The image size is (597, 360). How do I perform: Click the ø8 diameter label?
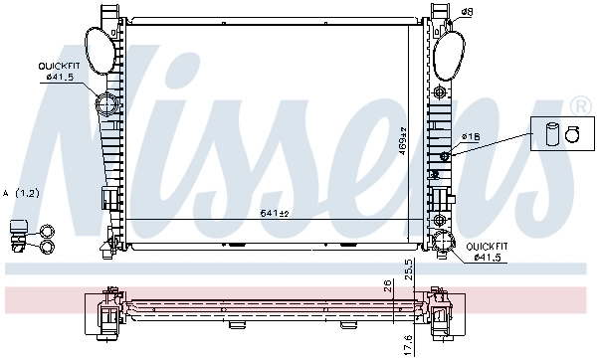467,12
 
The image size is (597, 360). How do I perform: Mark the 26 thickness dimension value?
388,287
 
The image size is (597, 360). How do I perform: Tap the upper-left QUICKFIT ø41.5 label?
58,72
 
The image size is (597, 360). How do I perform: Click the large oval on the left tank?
98,47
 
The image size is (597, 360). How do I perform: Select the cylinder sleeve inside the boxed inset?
553,134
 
